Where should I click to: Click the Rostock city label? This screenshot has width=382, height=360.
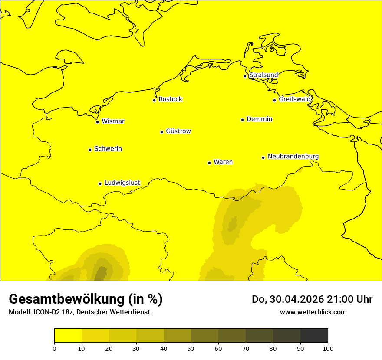click(170, 99)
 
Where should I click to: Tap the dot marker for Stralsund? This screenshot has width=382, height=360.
click(245, 76)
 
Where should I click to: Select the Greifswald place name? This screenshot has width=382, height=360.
click(295, 99)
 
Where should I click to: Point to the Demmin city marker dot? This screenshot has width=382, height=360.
click(242, 120)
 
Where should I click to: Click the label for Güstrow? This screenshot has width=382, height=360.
click(178, 131)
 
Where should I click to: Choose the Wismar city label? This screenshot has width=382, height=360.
click(113, 121)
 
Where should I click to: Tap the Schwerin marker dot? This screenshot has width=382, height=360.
click(90, 150)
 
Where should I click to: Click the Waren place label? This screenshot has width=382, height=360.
click(223, 162)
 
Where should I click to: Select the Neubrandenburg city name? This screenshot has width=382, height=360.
click(293, 156)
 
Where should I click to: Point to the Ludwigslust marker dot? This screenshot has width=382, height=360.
click(100, 183)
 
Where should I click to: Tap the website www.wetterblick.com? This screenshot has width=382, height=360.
click(313, 312)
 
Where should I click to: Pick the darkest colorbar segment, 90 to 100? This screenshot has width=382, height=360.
click(314, 335)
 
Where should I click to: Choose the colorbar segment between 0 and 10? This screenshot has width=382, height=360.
click(68, 335)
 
